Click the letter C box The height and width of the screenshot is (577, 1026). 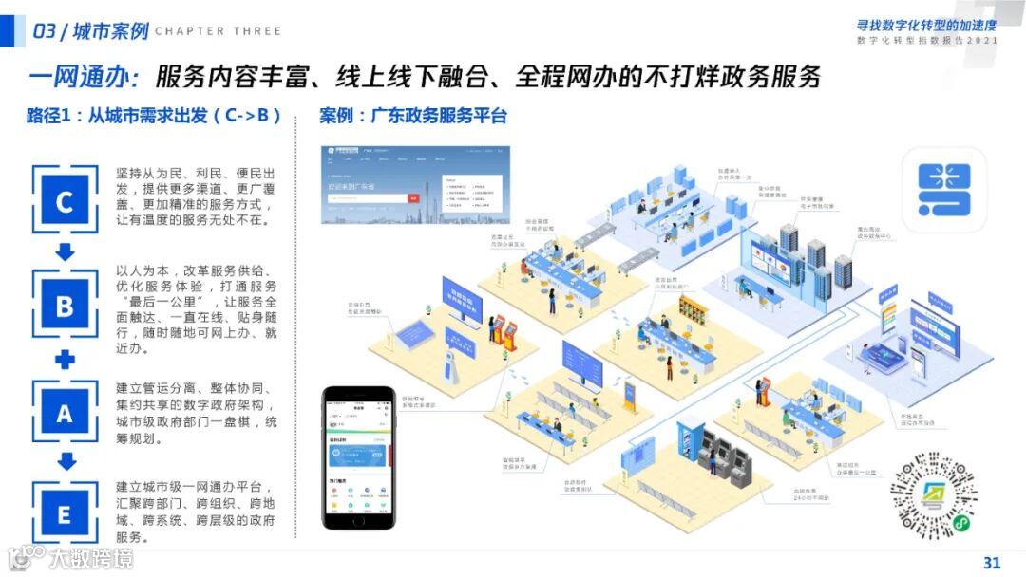65,201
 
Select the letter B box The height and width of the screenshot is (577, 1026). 65,306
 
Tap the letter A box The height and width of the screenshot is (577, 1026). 65,413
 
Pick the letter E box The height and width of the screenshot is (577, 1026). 65,514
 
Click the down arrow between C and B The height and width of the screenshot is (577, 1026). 65,252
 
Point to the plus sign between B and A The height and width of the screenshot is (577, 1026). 65,360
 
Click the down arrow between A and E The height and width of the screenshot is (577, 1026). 65,463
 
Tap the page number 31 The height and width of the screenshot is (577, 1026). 992,562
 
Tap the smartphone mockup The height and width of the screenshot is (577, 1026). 358,457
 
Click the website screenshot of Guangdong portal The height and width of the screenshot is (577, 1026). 416,184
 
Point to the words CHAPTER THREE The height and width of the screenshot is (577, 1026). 218,31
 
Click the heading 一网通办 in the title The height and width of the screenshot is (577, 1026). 84,77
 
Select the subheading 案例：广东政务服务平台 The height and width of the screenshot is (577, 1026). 413,117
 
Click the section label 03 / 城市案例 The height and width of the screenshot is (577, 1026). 91,31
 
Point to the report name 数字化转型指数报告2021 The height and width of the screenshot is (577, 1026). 926,42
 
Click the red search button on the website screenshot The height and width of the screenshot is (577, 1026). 413,197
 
